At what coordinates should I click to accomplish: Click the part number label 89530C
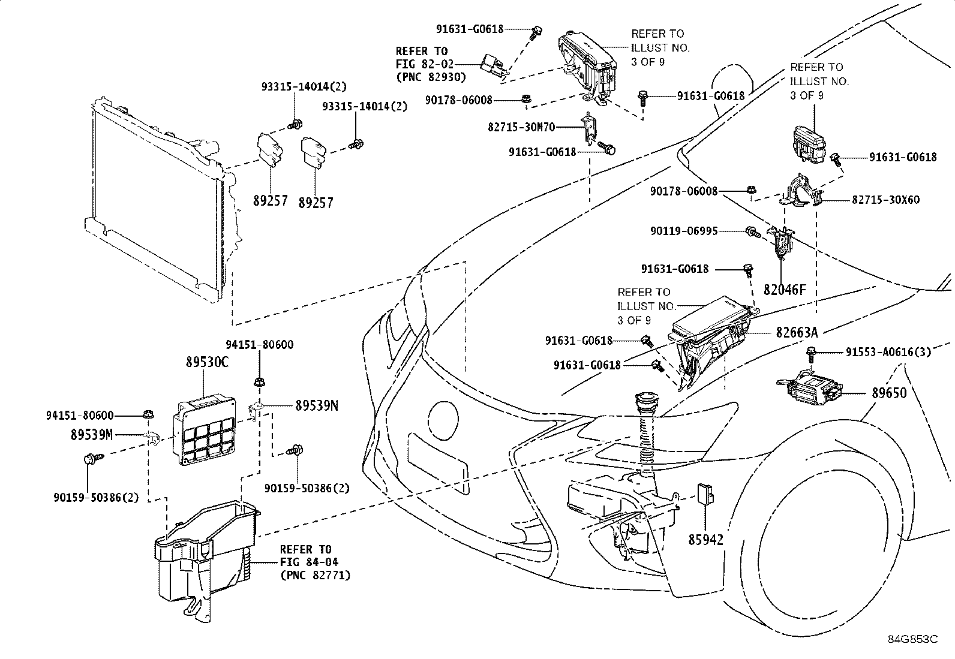point(207,362)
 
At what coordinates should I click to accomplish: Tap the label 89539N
point(317,405)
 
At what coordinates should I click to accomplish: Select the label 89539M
point(92,435)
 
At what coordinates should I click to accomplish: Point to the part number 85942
point(706,540)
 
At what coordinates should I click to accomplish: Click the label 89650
point(890,393)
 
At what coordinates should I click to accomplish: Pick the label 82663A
point(797,332)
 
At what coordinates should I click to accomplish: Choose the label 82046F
point(785,290)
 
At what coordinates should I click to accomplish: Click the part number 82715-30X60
point(886,200)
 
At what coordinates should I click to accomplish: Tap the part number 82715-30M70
point(521,127)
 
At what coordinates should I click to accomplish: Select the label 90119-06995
point(684,231)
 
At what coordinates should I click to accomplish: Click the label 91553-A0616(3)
point(888,351)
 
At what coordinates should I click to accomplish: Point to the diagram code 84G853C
point(913,639)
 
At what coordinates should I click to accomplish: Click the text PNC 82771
point(316,576)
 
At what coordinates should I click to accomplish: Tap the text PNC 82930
point(431,77)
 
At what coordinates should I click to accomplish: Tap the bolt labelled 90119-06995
point(753,232)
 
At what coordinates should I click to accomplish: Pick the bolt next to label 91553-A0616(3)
point(810,354)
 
